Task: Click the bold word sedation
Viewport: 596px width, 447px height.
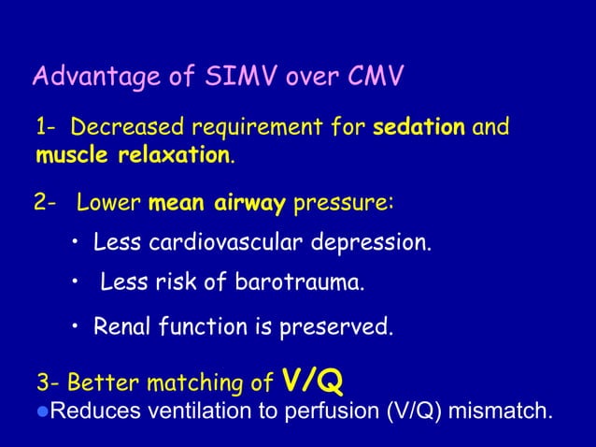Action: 419,126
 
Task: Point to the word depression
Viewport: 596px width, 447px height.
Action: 368,244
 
